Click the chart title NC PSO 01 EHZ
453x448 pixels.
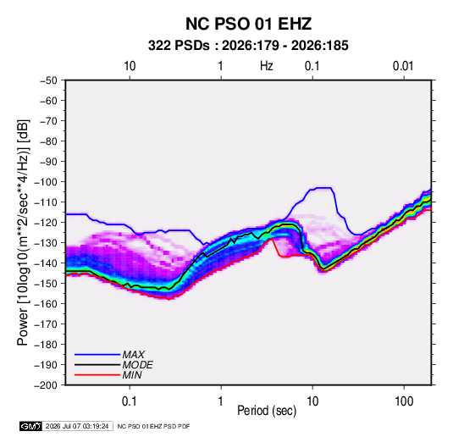tap(248, 24)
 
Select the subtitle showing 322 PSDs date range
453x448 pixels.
tap(248, 46)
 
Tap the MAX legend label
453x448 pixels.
tap(133, 355)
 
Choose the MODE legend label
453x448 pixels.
tap(137, 365)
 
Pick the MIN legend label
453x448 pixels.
tap(132, 375)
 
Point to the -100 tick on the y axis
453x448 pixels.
tap(46, 182)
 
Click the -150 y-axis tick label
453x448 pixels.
tap(46, 284)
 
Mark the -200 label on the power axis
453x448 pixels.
tap(46, 385)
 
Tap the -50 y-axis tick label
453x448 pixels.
tap(48, 80)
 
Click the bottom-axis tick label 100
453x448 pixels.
tap(404, 401)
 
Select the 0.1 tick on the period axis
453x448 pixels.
tap(130, 401)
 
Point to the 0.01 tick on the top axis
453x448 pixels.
tap(403, 66)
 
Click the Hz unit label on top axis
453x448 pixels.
tap(267, 66)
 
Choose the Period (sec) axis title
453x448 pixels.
tap(267, 411)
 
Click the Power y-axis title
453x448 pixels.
tap(23, 232)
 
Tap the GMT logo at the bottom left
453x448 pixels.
tap(30, 426)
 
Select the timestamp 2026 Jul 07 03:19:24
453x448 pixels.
tap(77, 426)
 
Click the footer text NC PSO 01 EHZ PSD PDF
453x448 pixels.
tap(154, 426)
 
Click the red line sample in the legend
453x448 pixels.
tap(97, 375)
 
